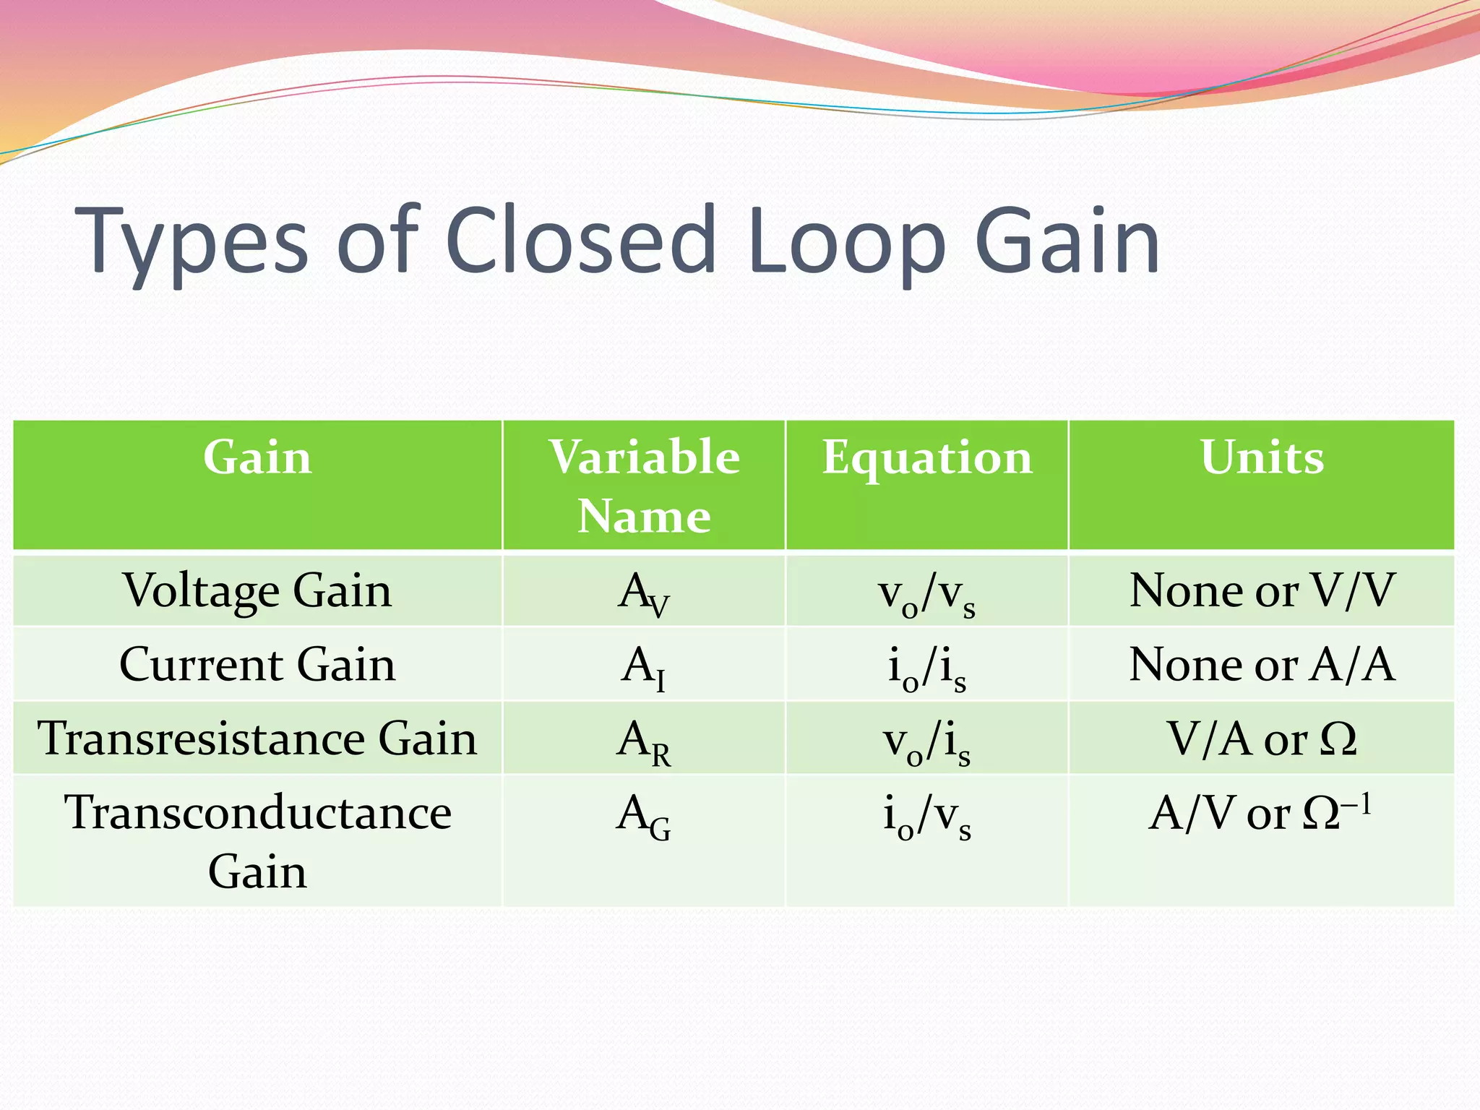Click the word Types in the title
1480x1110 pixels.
pyautogui.click(x=193, y=242)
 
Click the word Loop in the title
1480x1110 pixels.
pyautogui.click(x=846, y=242)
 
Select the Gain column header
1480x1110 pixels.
pyautogui.click(x=257, y=458)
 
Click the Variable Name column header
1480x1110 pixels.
pyautogui.click(x=644, y=486)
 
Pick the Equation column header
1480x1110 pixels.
pyautogui.click(x=927, y=458)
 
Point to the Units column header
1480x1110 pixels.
pyautogui.click(x=1262, y=458)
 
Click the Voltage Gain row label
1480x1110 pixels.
pyautogui.click(x=257, y=591)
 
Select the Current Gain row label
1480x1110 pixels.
pyautogui.click(x=257, y=665)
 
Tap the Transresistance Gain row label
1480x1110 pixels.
pyautogui.click(x=257, y=739)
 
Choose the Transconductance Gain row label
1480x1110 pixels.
pyautogui.click(x=257, y=841)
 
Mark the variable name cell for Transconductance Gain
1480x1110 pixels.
pyautogui.click(x=644, y=817)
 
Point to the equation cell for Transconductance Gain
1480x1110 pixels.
pyautogui.click(x=927, y=817)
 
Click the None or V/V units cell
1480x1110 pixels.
pyautogui.click(x=1262, y=591)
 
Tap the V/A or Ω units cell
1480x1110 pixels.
pyautogui.click(x=1262, y=739)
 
